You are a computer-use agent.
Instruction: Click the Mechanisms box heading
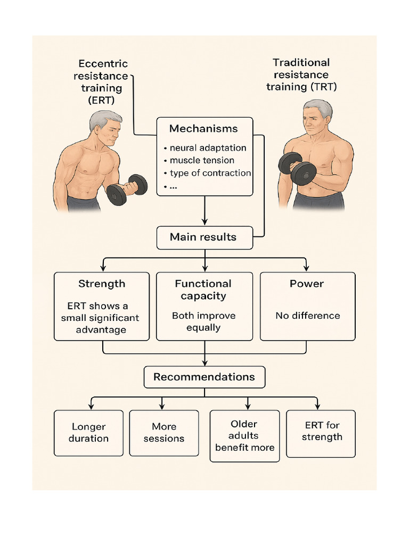tap(203, 129)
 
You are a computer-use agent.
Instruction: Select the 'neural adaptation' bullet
tap(205, 148)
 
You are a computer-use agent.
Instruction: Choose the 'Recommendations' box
tap(204, 377)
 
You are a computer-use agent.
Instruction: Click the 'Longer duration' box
tap(88, 433)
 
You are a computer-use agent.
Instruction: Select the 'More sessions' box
tap(164, 433)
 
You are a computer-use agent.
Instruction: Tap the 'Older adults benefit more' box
tap(244, 435)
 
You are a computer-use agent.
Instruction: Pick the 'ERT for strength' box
tap(321, 432)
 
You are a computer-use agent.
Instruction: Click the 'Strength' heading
tap(102, 284)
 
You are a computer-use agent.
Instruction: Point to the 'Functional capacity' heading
tap(203, 290)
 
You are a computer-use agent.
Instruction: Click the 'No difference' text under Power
tap(307, 316)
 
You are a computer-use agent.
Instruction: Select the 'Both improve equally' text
tap(203, 321)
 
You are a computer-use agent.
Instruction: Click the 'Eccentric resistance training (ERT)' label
tap(101, 82)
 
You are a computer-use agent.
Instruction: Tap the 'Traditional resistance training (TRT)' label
tap(301, 75)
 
